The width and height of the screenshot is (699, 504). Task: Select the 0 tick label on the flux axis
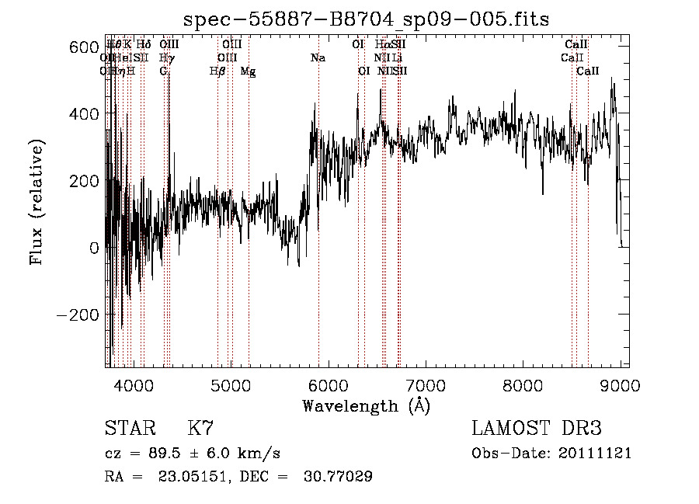(95, 249)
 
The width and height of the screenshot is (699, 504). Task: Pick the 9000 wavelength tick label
(621, 385)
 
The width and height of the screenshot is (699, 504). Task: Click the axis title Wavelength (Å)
(366, 405)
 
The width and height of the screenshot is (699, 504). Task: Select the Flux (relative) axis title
(37, 202)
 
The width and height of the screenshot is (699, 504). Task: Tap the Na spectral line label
(317, 58)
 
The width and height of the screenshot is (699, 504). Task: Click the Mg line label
(248, 71)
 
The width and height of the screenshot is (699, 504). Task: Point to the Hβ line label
(217, 71)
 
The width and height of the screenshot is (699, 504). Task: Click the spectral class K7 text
(200, 429)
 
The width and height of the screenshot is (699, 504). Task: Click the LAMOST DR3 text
(537, 429)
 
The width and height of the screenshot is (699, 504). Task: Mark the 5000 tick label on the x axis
(231, 385)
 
